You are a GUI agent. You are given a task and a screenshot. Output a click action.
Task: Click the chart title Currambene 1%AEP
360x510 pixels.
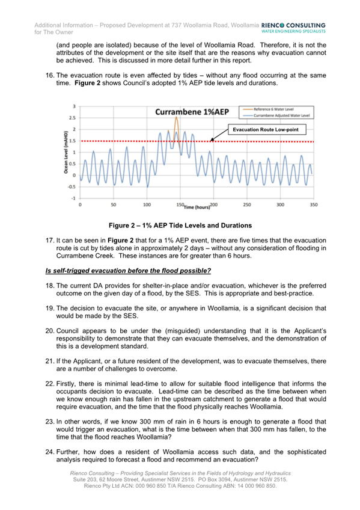(192, 112)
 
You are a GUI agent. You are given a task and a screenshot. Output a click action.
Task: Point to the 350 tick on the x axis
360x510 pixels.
(313, 204)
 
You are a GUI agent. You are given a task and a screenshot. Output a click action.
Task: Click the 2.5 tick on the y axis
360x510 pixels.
(73, 118)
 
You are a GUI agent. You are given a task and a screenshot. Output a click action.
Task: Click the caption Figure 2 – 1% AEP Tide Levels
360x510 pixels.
(180, 226)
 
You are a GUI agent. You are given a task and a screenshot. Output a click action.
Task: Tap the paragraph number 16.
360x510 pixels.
(50, 76)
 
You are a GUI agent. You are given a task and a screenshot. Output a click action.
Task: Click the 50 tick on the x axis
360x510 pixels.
(114, 204)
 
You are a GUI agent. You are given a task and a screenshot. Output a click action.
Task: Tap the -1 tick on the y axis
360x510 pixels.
(74, 198)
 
